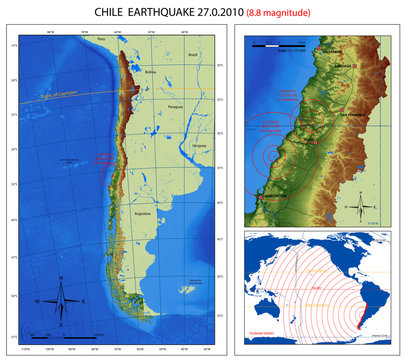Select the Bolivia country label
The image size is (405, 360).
(x=151, y=72)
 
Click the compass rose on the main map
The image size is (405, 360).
(x=60, y=296)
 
